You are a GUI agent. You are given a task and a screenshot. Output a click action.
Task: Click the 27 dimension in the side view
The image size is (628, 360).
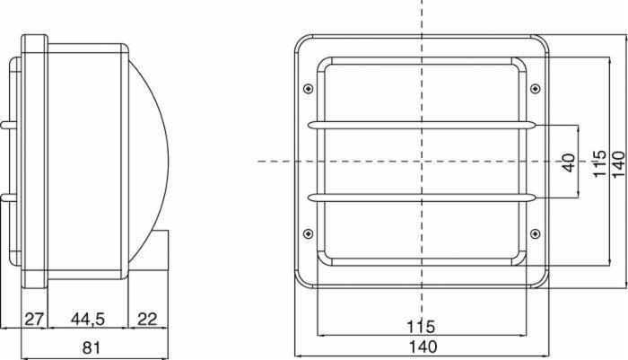pos(34,319)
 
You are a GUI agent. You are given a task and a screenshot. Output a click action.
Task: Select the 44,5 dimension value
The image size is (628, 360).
pos(88,319)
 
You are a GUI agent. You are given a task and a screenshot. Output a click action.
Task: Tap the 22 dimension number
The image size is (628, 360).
pos(147,319)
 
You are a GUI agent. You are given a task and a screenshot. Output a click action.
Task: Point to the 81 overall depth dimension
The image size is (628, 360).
pos(91,347)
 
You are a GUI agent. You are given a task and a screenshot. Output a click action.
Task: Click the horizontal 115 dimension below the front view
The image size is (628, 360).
pos(421,326)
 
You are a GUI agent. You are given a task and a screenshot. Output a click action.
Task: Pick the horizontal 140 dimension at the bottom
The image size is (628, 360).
pos(423,347)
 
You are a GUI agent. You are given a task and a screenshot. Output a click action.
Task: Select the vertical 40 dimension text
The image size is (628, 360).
pos(569,162)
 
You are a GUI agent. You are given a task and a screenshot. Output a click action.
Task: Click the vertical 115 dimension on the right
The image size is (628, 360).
pos(599,163)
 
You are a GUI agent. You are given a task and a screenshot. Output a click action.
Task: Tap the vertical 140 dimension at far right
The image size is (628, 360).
pos(618,163)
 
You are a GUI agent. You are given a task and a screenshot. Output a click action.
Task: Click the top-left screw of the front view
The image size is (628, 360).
pos(308,88)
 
